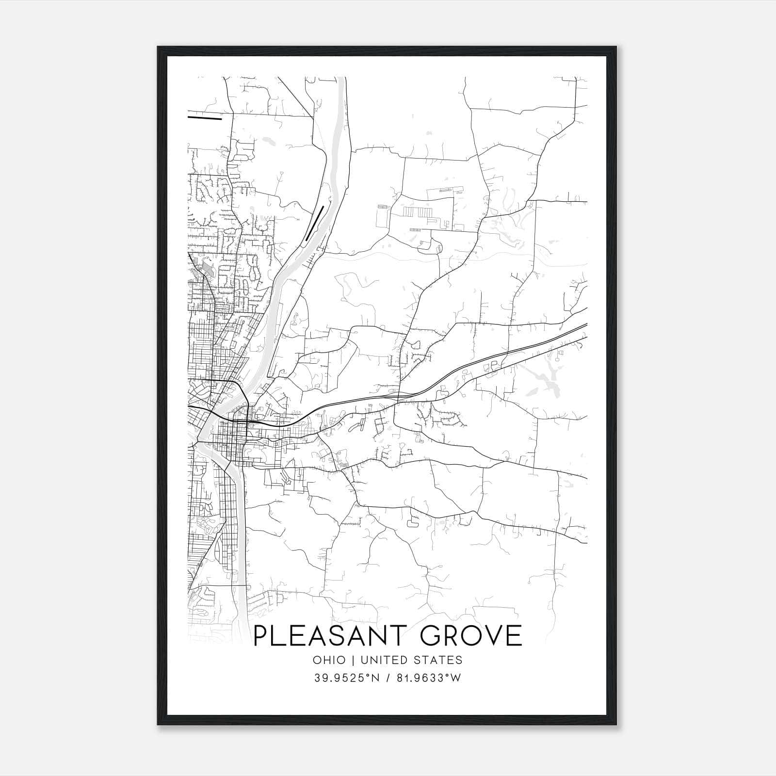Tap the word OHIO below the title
click(329, 660)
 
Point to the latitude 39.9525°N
click(345, 678)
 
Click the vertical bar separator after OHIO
click(353, 660)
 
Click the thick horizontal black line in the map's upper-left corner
click(204, 117)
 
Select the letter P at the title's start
click(262, 636)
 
